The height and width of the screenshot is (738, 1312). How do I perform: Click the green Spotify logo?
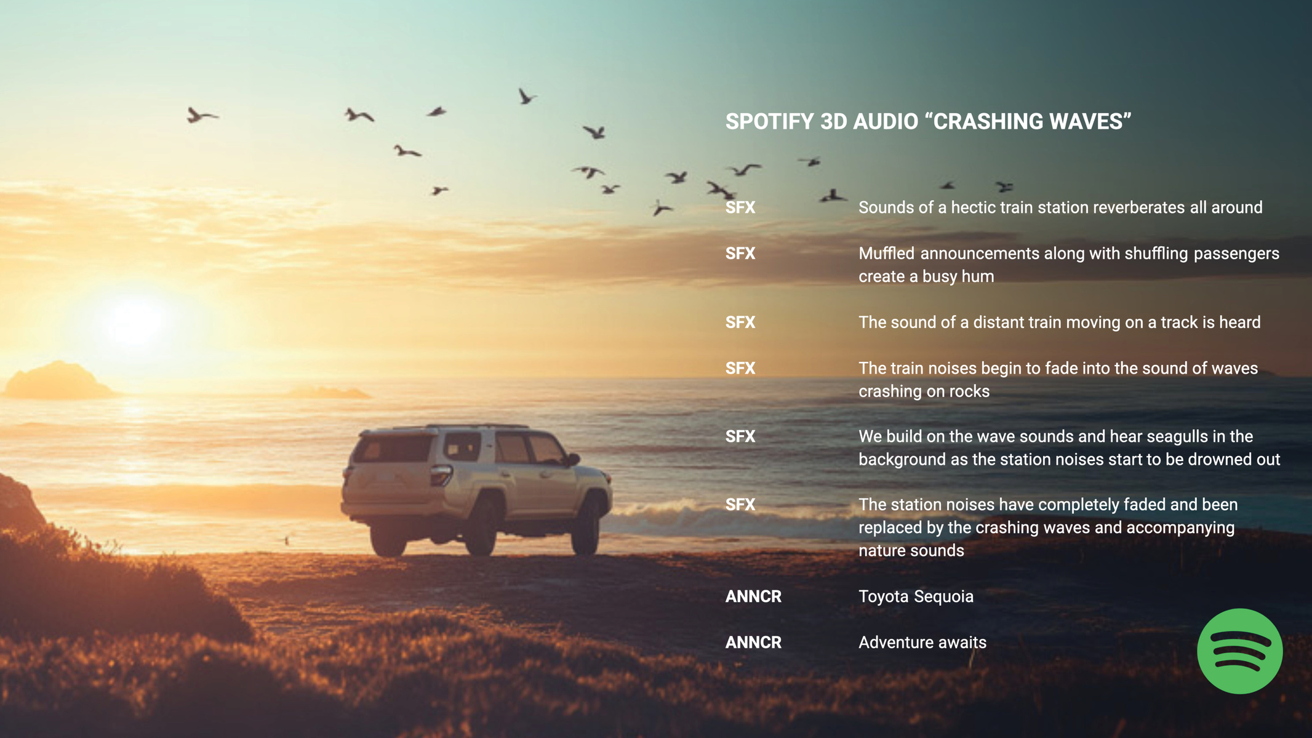coord(1239,651)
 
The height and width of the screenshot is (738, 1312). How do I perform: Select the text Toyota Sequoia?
coord(916,596)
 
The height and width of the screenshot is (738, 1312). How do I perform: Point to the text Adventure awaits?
coord(922,643)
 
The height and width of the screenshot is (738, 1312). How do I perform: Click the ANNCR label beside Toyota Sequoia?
coord(753,596)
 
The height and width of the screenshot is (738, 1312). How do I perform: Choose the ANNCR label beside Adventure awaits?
coord(753,643)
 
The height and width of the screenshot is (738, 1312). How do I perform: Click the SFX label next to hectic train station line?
coord(740,207)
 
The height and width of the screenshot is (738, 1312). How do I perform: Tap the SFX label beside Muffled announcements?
coord(740,254)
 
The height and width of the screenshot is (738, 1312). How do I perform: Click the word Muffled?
coord(886,254)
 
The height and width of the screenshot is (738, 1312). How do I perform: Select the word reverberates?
coord(1138,207)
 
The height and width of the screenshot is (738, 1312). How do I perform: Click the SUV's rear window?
coord(395,449)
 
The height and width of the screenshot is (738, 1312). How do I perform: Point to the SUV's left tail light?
coord(441,475)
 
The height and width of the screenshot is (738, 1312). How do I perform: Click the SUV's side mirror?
coord(574,459)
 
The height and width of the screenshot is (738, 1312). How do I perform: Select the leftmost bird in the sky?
coord(201,115)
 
